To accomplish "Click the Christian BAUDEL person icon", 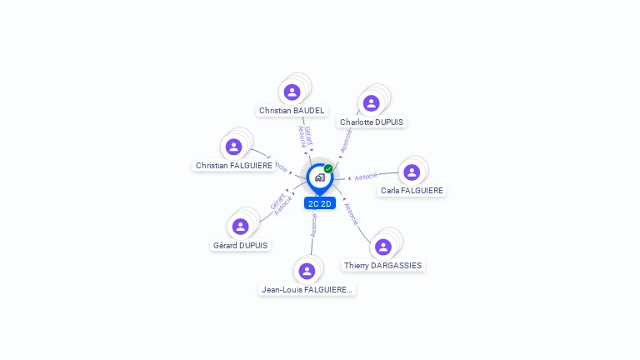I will [292, 92].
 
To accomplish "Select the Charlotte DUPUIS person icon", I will [372, 103].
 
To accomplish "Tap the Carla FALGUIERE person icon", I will [412, 172].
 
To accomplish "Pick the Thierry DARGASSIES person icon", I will [383, 247].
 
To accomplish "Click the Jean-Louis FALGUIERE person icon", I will [307, 271].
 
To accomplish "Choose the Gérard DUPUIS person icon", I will [241, 227].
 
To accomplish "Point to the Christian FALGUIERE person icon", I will [234, 147].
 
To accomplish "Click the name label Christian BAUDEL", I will [292, 110].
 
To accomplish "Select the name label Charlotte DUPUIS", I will [372, 122].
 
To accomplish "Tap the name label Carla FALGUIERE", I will [412, 190].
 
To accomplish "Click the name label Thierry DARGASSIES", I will [383, 265].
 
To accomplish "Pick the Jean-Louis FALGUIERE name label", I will [307, 289].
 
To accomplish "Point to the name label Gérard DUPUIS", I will [240, 245].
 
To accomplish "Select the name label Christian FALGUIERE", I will [234, 165].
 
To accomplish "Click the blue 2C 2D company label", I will [320, 203].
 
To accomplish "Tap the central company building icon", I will [319, 177].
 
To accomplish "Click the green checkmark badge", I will [328, 168].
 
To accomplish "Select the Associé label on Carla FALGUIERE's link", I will [366, 177].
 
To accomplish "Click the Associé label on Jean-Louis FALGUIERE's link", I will [313, 226].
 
